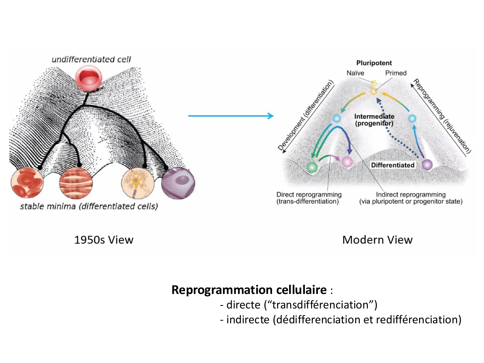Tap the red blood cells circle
[x=27, y=183]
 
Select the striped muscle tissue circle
[x=76, y=183]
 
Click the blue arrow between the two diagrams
[x=231, y=116]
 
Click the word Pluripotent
[x=374, y=63]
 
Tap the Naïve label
[x=355, y=73]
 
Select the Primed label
[x=396, y=73]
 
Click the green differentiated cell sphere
[x=312, y=167]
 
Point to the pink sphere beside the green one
[x=347, y=162]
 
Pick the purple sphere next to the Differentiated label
[x=427, y=165]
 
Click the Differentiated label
[x=392, y=165]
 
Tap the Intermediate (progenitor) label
[x=374, y=120]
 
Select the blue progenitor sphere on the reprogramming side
[x=412, y=118]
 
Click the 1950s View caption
[x=104, y=240]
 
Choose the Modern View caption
[x=377, y=240]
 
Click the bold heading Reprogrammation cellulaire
[x=249, y=290]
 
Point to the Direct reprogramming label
[x=309, y=195]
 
